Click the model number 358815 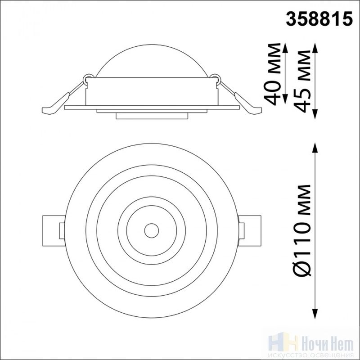click(x=319, y=19)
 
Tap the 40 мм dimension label click(x=272, y=74)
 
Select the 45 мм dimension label click(x=302, y=81)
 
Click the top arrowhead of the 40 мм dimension click(x=285, y=48)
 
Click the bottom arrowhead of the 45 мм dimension click(x=315, y=114)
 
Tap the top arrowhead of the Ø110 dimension click(x=315, y=148)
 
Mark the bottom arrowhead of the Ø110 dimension click(x=315, y=313)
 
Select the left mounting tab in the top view click(x=54, y=231)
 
